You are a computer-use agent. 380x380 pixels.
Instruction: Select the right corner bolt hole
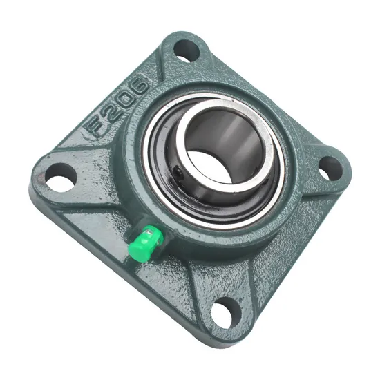tap(330, 167)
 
